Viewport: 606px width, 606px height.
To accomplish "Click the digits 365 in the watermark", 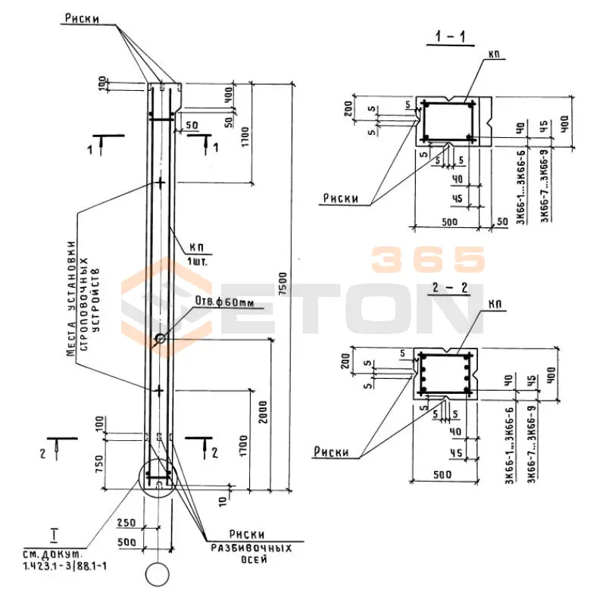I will (x=428, y=259).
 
